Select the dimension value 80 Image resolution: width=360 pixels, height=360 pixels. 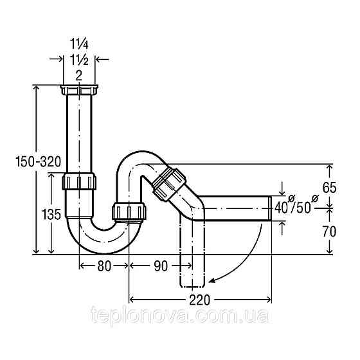click(104, 264)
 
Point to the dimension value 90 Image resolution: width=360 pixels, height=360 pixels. click(160, 264)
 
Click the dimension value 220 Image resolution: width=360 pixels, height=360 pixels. click(201, 300)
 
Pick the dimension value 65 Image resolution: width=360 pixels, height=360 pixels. click(328, 188)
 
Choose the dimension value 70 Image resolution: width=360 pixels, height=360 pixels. click(328, 230)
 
